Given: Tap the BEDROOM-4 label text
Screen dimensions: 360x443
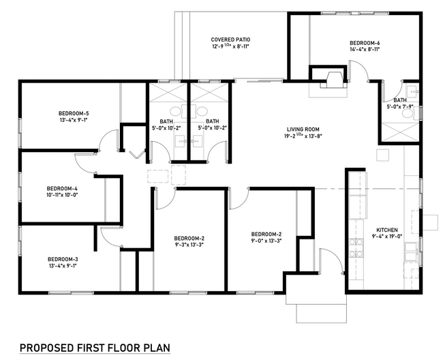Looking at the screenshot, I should [62, 188].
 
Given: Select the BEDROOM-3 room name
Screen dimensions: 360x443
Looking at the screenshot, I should [63, 259].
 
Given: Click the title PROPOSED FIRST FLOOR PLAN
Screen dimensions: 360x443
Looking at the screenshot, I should [94, 348].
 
